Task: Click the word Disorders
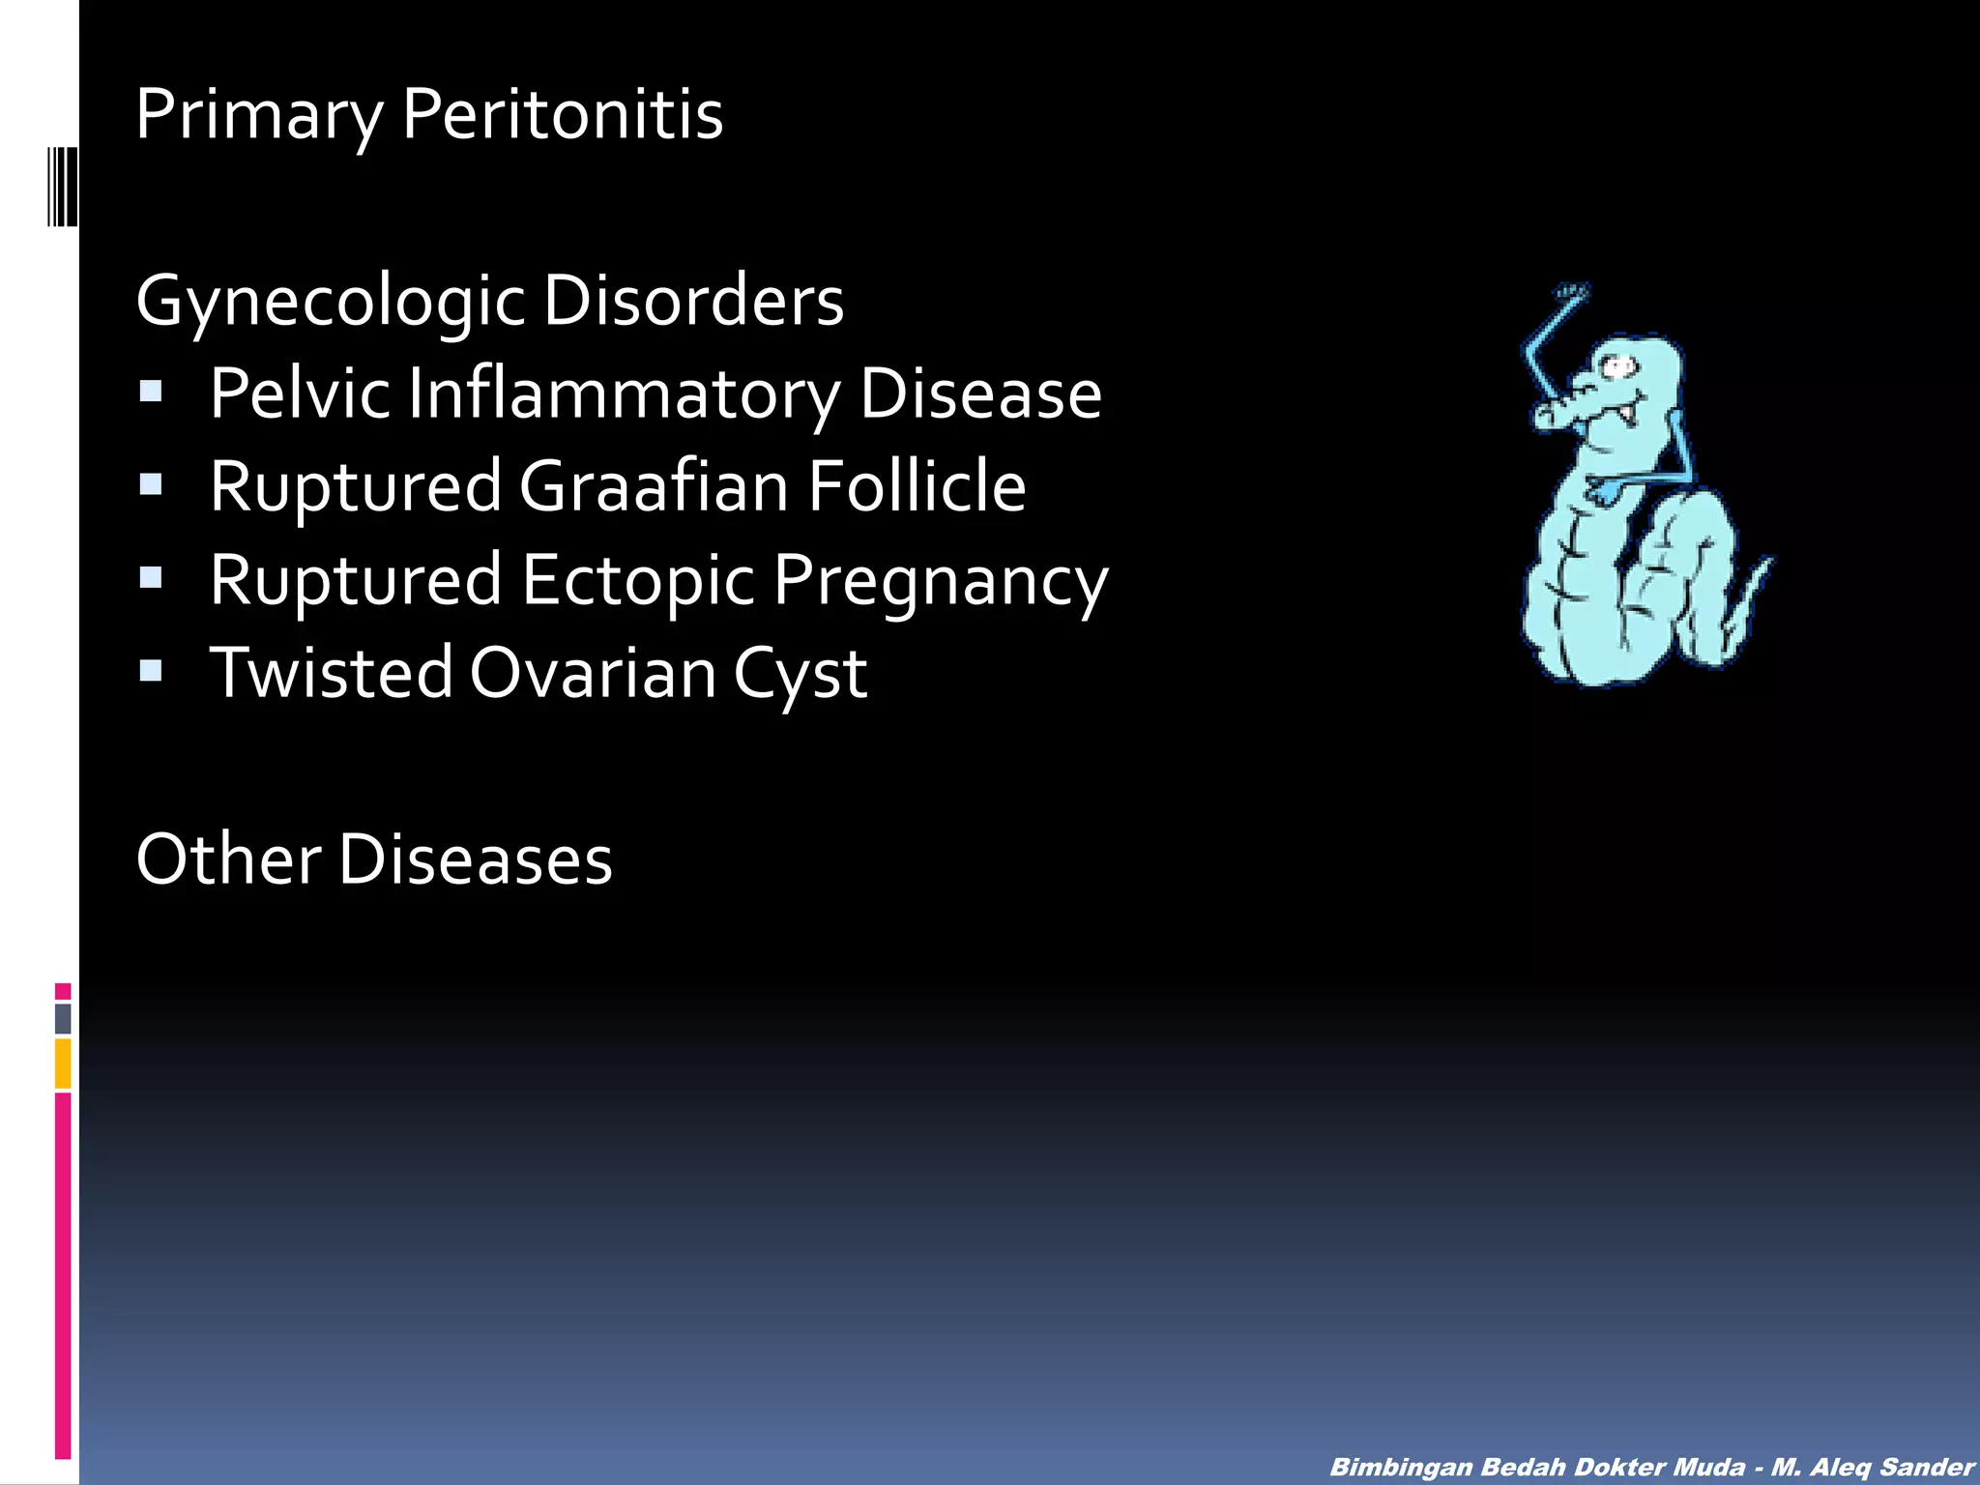693,300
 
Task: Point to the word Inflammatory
624,394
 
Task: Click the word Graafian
654,485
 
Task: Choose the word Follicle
917,485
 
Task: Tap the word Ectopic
638,580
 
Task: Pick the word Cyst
801,674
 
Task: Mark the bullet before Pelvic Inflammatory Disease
151,391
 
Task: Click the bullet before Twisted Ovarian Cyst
151,670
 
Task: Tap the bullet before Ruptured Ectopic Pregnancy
151,577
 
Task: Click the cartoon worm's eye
1617,366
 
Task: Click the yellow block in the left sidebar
63,1063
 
